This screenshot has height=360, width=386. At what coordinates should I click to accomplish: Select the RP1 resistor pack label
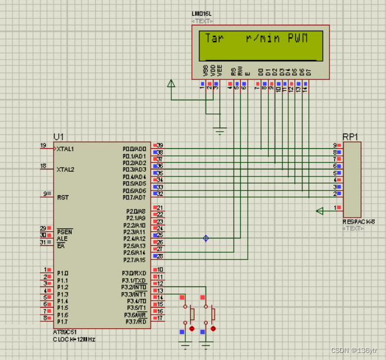click(351, 136)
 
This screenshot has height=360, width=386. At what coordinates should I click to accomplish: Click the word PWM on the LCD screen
click(298, 38)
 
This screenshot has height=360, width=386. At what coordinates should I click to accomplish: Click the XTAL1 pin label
click(65, 149)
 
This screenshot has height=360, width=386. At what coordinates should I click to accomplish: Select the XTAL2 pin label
click(65, 169)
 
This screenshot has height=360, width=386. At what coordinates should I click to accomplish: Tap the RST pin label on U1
click(63, 198)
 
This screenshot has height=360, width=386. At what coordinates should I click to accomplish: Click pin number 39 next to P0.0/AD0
click(159, 145)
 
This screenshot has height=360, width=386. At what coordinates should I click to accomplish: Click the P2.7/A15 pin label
click(134, 259)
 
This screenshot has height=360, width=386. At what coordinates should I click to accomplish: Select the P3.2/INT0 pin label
click(134, 287)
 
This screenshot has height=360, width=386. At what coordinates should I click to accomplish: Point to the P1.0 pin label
click(63, 274)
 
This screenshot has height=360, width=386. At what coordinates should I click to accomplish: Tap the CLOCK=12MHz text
click(74, 339)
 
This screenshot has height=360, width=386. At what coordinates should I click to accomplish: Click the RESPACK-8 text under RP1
click(359, 222)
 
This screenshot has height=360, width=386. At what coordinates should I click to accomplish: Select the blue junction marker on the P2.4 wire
click(205, 238)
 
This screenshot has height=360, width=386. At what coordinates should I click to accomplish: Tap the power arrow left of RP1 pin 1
click(320, 211)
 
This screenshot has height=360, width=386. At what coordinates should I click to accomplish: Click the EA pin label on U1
click(61, 246)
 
